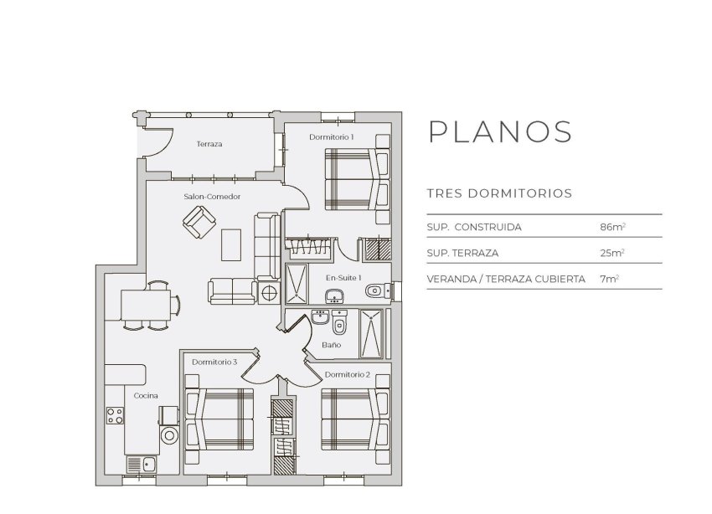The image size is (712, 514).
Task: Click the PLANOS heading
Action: click(x=500, y=132)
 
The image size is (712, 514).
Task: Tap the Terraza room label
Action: click(x=209, y=145)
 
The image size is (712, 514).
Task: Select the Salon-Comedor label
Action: click(x=212, y=197)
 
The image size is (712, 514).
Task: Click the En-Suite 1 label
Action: click(x=343, y=277)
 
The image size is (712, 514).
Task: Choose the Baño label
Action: click(x=330, y=344)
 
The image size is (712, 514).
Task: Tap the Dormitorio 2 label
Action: click(x=347, y=374)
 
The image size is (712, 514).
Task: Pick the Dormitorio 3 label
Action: click(x=214, y=362)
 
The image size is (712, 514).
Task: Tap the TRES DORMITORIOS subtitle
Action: click(x=499, y=193)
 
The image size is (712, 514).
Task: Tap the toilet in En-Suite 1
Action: click(x=376, y=290)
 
